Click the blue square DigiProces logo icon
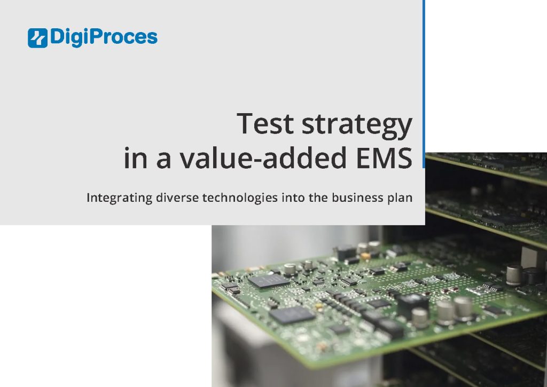tap(37, 37)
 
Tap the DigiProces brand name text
tap(104, 37)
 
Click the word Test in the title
tap(265, 123)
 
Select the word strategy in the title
tap(357, 125)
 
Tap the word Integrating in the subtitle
tap(119, 198)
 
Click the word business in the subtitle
tap(355, 198)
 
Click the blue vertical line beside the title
tap(424, 80)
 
